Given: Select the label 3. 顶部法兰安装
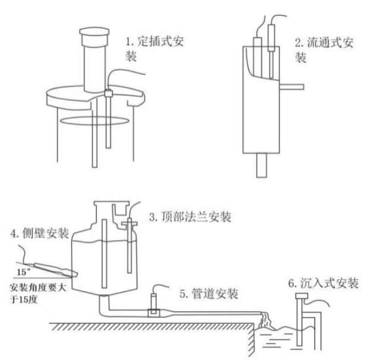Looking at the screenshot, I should pos(188,217).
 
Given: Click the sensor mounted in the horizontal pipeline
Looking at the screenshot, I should pos(154,300).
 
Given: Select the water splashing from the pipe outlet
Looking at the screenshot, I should pos(268,323).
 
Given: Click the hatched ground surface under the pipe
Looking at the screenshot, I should pos(149,328).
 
